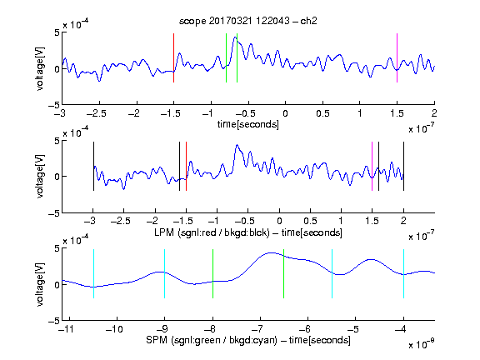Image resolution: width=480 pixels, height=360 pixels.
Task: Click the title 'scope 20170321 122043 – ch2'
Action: point(248,21)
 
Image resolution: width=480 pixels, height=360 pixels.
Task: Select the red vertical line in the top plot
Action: point(173,57)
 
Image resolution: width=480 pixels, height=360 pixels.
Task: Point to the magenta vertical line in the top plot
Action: point(397,57)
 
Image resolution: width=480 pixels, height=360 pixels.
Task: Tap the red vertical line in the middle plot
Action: point(186,166)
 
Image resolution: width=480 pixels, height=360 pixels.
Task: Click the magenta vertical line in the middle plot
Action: point(372,166)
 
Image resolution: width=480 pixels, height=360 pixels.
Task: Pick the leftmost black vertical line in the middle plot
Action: point(93,166)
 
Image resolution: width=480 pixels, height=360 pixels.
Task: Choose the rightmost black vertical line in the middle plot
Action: point(403,166)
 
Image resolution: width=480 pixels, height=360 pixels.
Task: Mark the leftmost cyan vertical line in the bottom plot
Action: point(93,273)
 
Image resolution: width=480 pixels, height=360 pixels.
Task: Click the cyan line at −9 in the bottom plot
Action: point(165,273)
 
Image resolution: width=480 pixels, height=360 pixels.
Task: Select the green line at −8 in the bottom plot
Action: point(212,273)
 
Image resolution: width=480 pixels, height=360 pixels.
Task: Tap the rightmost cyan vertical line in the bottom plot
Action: point(403,273)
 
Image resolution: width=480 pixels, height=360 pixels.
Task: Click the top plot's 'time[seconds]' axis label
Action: point(248,124)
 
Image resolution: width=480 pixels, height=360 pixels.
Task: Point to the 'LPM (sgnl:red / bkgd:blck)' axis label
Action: point(212,232)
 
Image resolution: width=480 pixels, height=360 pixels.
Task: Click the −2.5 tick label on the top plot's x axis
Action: point(97,114)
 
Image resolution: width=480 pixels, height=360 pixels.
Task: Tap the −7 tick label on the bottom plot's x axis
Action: point(257,329)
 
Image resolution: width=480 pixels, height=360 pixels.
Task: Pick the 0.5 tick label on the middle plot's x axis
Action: point(310,222)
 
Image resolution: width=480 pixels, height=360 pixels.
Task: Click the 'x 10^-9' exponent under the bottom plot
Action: point(421,344)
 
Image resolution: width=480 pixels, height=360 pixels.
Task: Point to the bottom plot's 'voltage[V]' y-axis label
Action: point(40,284)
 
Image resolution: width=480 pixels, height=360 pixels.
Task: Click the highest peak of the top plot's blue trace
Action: point(235,37)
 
